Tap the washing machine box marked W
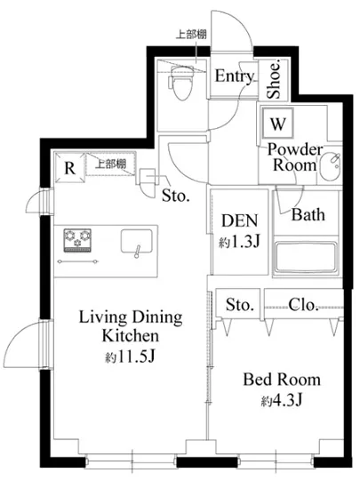(277, 124)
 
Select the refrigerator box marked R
(69, 167)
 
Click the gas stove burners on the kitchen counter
(77, 239)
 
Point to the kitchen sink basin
(137, 242)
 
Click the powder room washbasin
(331, 166)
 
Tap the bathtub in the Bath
(306, 258)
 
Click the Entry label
(235, 76)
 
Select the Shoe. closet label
(274, 78)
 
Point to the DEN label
(240, 220)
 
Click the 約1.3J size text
(239, 241)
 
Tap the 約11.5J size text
(130, 356)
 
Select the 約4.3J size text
(282, 400)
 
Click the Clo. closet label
(303, 305)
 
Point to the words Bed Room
(282, 380)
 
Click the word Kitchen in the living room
(131, 335)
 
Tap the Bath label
(308, 214)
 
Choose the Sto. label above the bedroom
(239, 305)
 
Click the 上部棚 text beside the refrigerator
(110, 164)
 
